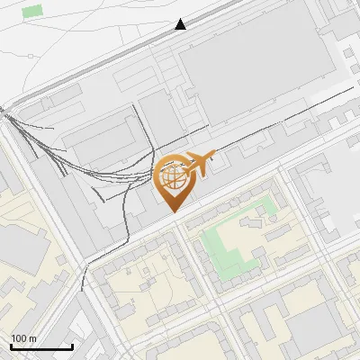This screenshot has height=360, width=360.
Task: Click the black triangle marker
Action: (181, 24)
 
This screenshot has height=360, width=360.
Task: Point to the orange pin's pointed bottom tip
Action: (172, 211)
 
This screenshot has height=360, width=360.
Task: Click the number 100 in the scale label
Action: (20, 338)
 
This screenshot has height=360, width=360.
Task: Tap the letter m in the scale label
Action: (32, 338)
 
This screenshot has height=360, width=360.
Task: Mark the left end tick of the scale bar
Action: (11, 346)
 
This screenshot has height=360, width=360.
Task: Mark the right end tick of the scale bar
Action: (72, 346)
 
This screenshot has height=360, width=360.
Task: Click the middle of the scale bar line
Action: (41, 347)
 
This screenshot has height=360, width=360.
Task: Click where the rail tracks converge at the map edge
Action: (3, 112)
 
